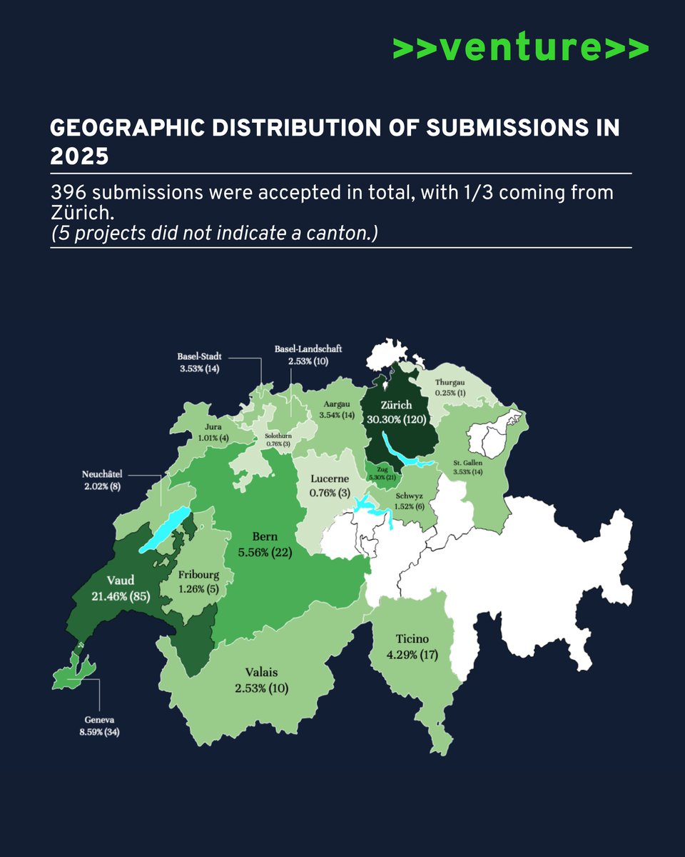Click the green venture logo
click(520, 48)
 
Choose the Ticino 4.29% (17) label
click(413, 646)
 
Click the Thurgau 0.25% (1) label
click(450, 388)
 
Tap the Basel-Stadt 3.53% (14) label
click(200, 363)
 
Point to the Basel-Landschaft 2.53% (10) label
click(308, 356)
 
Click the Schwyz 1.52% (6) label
click(410, 499)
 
